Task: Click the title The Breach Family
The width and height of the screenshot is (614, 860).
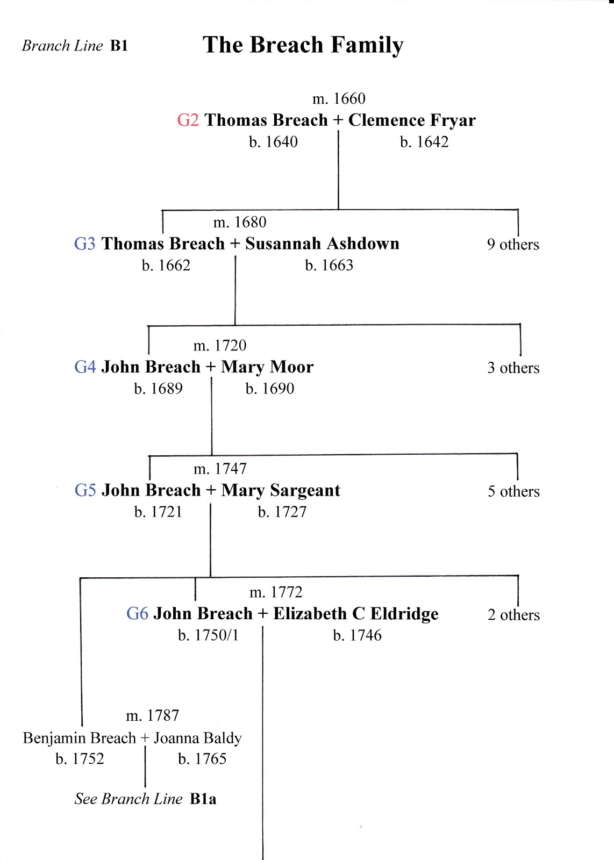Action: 303,45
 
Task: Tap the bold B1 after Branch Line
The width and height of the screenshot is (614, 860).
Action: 119,46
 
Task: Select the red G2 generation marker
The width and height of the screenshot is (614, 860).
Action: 188,120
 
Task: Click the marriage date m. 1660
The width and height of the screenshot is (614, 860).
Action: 339,99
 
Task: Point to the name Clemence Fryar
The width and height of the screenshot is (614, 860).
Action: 412,120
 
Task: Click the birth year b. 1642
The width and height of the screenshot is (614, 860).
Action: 424,142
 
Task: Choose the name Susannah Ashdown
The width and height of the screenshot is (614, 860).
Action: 322,243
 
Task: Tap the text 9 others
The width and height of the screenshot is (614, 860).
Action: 512,245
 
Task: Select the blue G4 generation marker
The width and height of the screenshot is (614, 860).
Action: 85,367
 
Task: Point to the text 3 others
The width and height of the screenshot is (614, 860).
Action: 513,368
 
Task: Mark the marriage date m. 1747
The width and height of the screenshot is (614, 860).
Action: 220,469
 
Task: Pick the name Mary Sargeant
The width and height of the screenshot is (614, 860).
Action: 281,491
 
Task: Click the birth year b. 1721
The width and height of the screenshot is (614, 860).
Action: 158,512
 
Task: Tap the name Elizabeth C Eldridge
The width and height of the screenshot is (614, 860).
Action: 355,614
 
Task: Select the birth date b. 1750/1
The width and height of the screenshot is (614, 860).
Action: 208,635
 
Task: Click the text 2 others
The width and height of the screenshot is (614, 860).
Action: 513,615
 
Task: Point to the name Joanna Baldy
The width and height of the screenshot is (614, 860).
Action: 198,738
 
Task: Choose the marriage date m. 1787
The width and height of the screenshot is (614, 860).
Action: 152,716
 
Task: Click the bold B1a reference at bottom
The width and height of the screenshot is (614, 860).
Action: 203,799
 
